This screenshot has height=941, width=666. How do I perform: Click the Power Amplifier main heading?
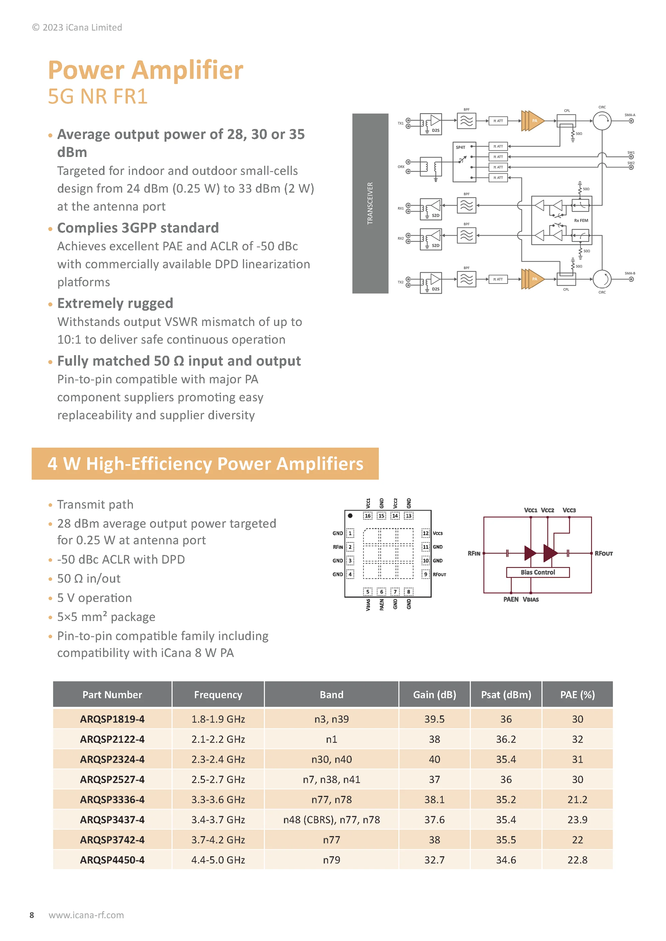[146, 70]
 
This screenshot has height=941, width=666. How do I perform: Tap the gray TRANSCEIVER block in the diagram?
[370, 203]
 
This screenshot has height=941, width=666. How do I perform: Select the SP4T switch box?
[464, 162]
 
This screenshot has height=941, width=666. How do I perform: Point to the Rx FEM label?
[581, 221]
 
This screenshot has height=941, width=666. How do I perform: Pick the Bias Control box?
[538, 572]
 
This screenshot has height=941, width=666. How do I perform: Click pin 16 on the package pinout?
[368, 515]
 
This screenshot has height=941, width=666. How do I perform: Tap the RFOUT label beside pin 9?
[439, 574]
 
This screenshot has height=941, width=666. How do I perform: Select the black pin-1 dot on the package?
[350, 515]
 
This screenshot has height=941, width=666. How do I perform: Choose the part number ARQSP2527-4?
[112, 780]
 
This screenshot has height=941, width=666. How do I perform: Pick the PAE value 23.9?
[577, 820]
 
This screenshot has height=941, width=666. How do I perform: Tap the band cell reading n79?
[331, 860]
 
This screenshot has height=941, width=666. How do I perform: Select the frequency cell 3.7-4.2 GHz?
[218, 840]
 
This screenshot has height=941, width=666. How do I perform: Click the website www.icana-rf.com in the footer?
[86, 915]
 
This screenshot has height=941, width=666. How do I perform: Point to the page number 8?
[32, 915]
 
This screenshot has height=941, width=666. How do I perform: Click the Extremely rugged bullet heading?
[115, 303]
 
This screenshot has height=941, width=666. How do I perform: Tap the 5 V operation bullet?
[94, 598]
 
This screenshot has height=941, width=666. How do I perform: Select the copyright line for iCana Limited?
[77, 28]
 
